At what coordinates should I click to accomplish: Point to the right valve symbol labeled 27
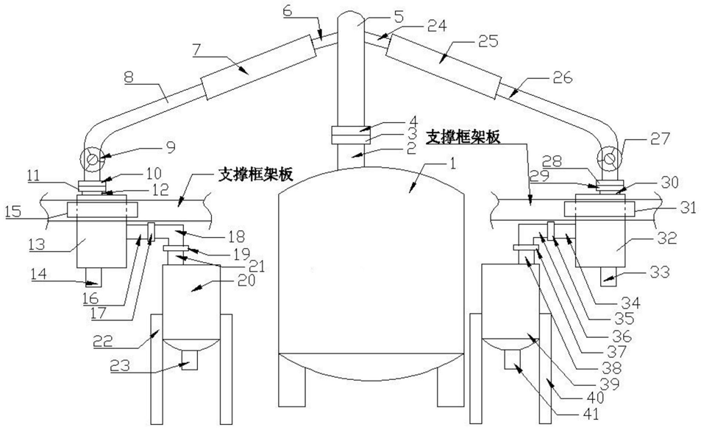click(x=608, y=158)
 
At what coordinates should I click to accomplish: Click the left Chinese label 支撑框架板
click(x=255, y=175)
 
